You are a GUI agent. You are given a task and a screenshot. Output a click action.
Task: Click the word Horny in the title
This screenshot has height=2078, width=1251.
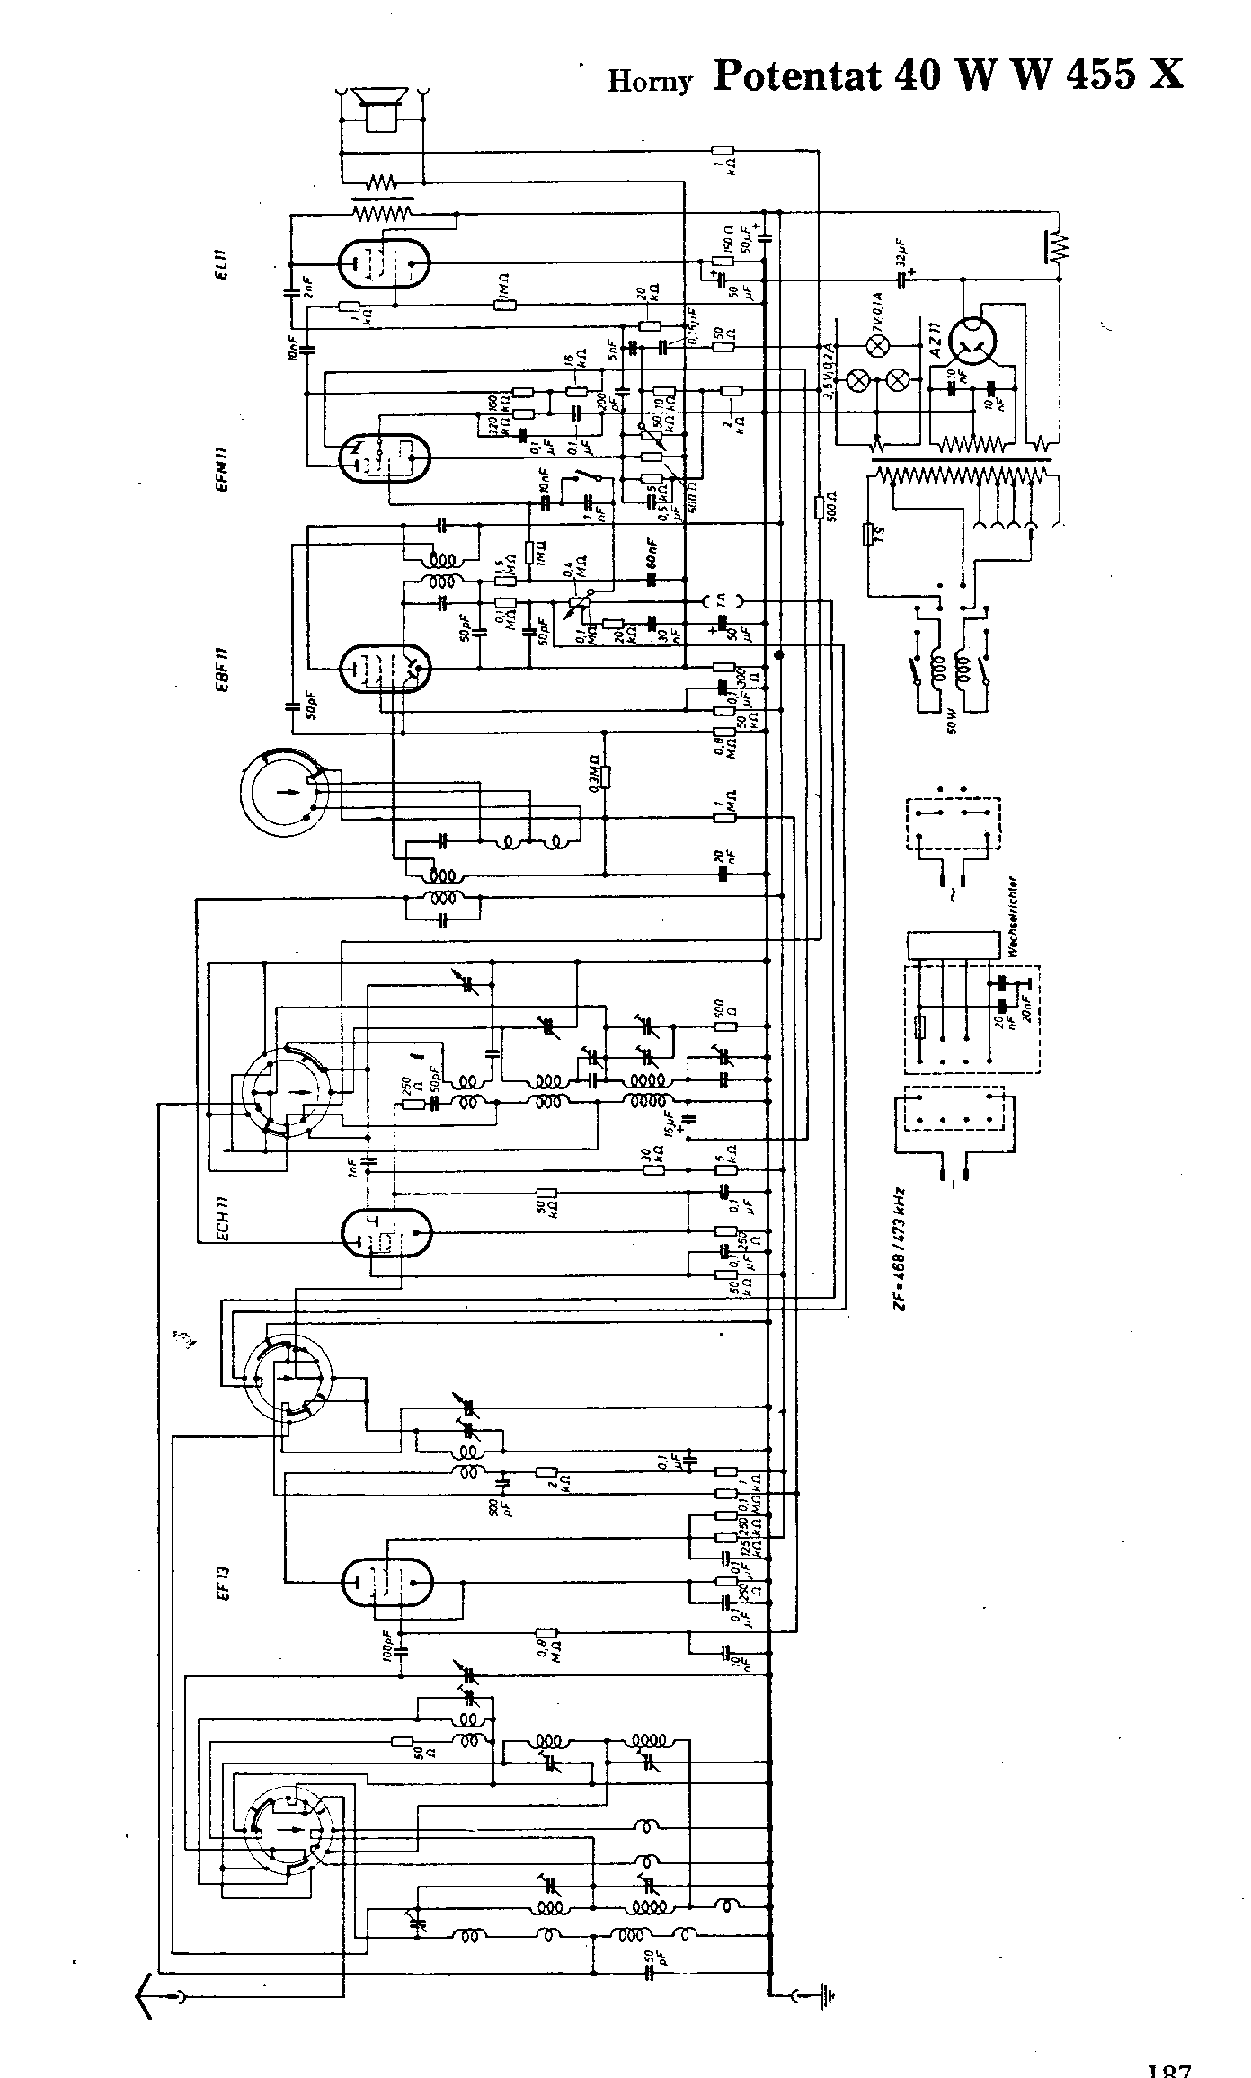tap(650, 81)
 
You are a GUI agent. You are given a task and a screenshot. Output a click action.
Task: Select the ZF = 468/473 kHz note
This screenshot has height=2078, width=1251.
tap(899, 1248)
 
